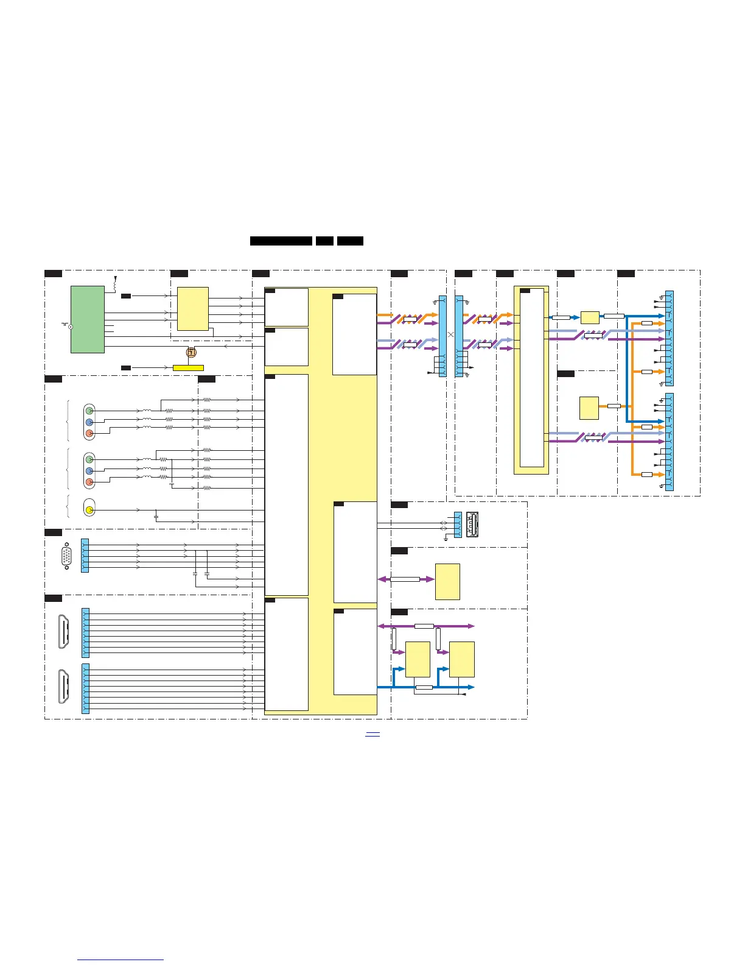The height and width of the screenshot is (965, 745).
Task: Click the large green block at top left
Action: (88, 319)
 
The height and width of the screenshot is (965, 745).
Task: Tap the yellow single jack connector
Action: (89, 509)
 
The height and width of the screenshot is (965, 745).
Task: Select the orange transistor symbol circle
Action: (191, 352)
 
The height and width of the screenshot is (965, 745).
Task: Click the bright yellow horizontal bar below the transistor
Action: (188, 368)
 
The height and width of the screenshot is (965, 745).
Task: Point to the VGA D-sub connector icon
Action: (66, 556)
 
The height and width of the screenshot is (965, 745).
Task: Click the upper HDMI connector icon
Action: (63, 632)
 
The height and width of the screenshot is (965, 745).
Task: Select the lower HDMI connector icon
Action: (63, 687)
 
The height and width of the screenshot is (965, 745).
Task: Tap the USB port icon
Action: (472, 525)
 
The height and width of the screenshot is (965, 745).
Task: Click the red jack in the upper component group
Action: (89, 433)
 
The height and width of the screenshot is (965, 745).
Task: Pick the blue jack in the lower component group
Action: (89, 471)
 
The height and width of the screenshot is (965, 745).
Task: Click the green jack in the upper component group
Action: (89, 411)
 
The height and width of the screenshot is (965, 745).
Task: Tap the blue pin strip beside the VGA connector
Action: (85, 555)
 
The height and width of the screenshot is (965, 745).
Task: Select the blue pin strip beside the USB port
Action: (458, 525)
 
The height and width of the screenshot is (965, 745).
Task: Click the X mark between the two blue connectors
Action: (451, 334)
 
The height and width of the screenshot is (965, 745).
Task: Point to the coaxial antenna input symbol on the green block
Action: (70, 327)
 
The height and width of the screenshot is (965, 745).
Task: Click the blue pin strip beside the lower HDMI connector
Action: (85, 688)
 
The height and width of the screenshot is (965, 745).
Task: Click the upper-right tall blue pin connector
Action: (670, 338)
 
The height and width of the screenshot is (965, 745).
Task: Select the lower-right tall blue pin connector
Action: (670, 442)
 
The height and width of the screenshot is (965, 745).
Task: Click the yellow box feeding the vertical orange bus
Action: (589, 408)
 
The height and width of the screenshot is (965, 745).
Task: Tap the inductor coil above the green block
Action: (115, 283)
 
